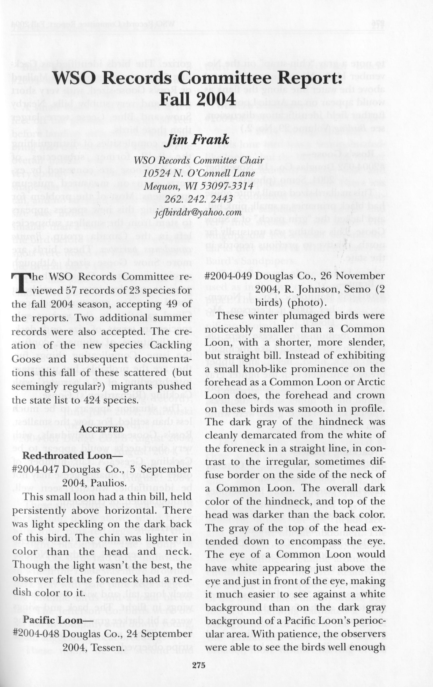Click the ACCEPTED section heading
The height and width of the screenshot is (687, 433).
coord(102,429)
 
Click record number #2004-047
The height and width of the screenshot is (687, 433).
coord(36,469)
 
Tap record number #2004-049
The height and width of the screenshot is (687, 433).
coord(228,276)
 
